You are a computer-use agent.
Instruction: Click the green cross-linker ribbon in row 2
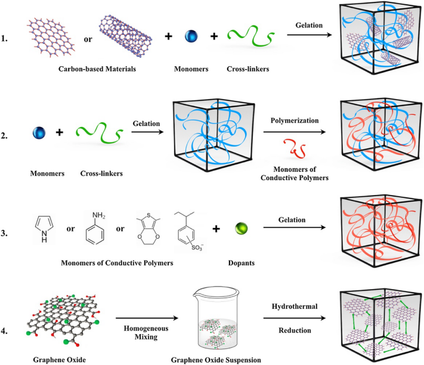97,142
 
